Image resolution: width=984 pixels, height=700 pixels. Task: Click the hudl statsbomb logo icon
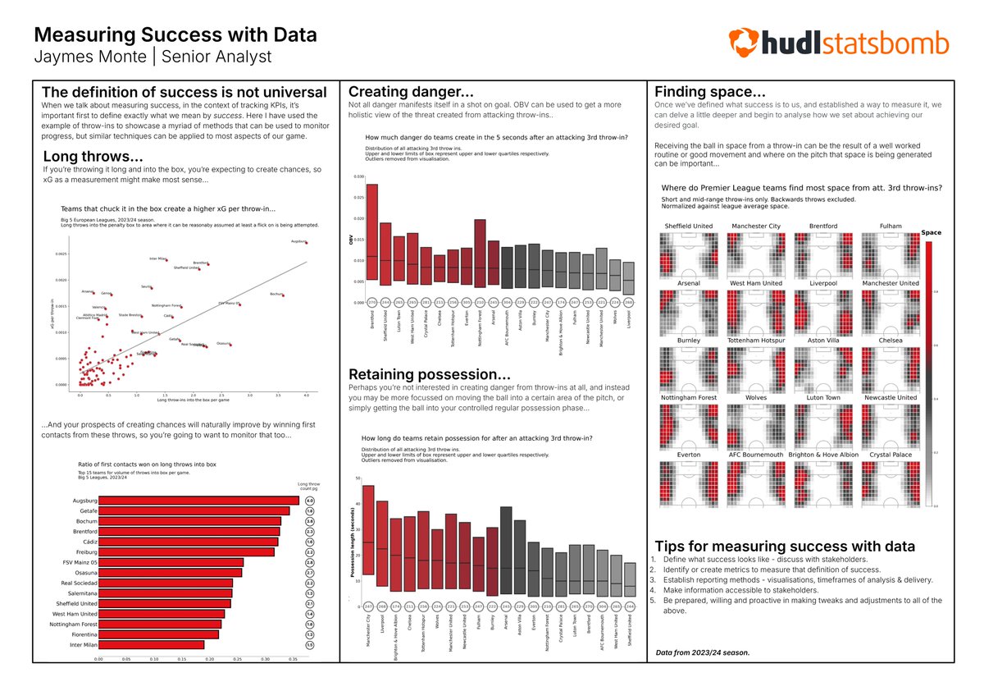click(x=745, y=43)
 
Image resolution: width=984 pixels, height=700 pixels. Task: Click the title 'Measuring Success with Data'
click(x=175, y=36)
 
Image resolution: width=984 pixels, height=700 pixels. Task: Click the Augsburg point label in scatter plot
click(x=298, y=242)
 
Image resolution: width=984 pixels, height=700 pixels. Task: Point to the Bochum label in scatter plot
click(x=276, y=294)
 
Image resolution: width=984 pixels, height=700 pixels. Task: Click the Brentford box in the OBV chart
click(x=371, y=233)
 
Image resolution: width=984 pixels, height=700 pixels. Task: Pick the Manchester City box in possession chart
click(x=368, y=530)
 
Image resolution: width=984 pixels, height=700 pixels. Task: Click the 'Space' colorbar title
click(x=931, y=232)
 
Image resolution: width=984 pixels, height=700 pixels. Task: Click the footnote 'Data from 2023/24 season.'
click(x=702, y=652)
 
